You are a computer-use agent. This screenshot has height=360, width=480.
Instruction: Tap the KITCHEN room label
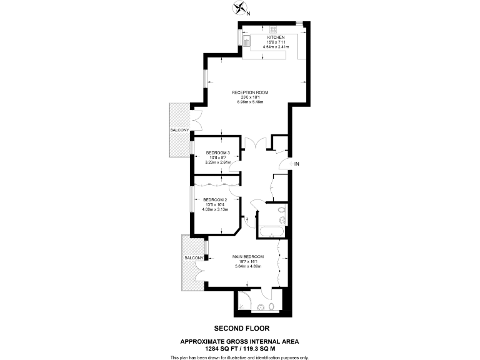[258, 37]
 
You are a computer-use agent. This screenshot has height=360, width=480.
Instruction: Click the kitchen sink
[247, 42]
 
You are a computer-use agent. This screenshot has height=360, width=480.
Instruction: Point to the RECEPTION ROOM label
[250, 92]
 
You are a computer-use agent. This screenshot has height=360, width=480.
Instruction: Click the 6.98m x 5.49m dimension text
[250, 102]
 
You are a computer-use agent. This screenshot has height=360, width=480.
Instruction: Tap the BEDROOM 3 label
[218, 153]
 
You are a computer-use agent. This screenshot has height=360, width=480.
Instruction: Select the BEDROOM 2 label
[215, 200]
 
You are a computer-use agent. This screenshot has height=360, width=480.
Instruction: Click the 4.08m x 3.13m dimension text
[215, 209]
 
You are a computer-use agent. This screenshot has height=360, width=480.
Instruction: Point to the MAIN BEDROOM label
[248, 257]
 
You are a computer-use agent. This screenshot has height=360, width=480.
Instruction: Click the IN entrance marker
[297, 164]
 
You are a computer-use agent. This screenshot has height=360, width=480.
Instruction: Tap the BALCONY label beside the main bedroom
[193, 258]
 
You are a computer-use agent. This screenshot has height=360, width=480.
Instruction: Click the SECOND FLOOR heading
[239, 328]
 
